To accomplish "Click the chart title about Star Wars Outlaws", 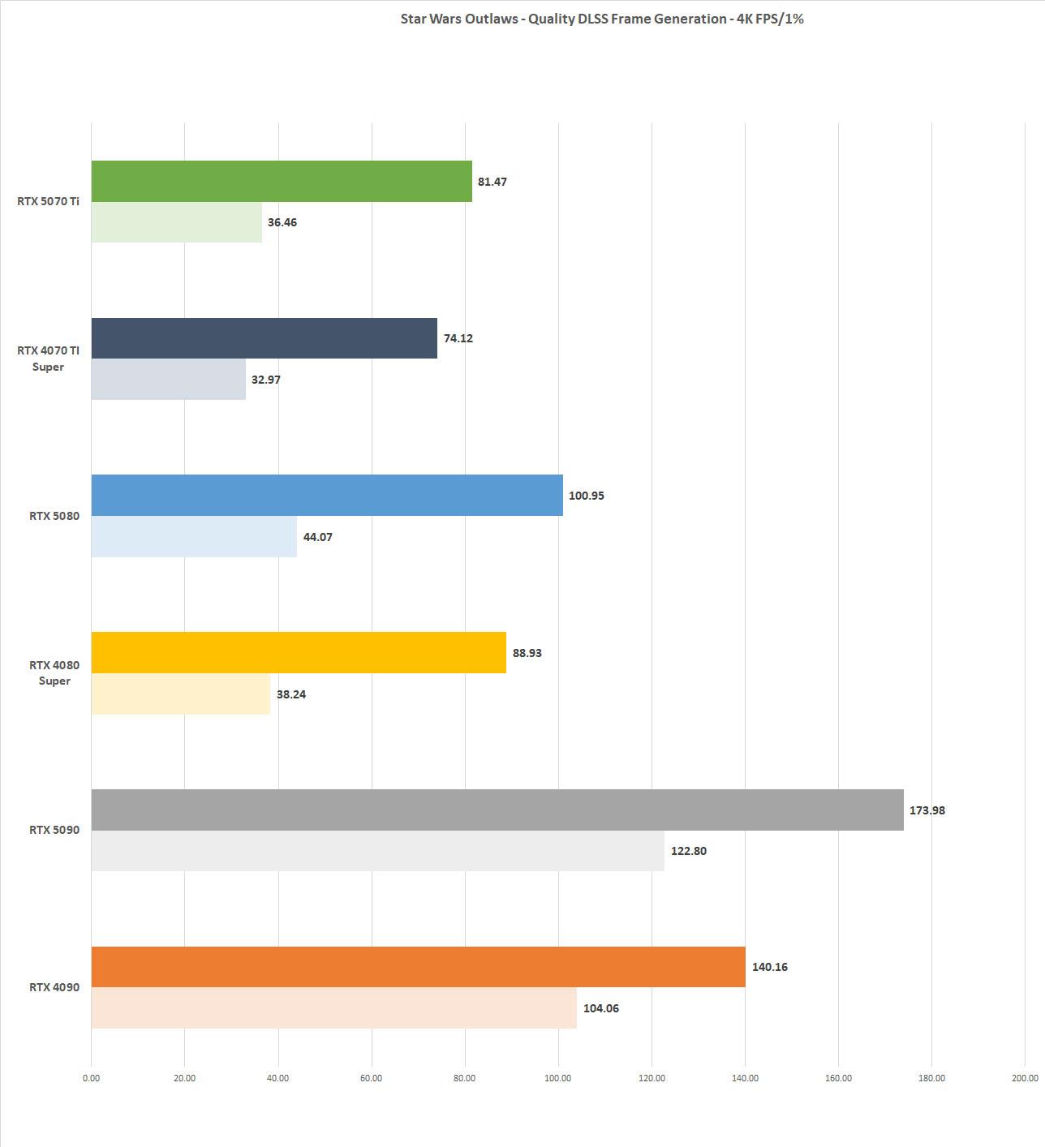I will coord(601,19).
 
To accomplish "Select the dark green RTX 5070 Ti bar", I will coord(282,181).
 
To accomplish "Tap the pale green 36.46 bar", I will coord(176,222).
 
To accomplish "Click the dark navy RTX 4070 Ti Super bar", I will coord(264,338).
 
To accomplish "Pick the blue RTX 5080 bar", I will coord(327,495).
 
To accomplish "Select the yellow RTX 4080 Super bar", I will coord(299,652).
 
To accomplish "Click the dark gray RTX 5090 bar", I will coord(497,810).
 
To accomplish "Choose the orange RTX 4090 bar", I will coord(418,967).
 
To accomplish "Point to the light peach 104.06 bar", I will coord(333,1008).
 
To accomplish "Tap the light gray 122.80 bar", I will coord(377,851).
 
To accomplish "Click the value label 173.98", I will coord(927,810).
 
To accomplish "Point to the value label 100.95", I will coord(586,496).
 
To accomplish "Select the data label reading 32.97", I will coord(265,380).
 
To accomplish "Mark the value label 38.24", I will coord(290,694).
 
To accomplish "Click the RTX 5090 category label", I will coord(54,830).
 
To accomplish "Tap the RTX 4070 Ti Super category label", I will coord(48,359).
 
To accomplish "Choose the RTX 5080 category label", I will coord(54,516).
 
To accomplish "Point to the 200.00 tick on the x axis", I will coord(1025,1078).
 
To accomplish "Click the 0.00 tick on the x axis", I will coord(91,1078).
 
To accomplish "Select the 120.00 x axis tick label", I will coord(652,1078).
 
